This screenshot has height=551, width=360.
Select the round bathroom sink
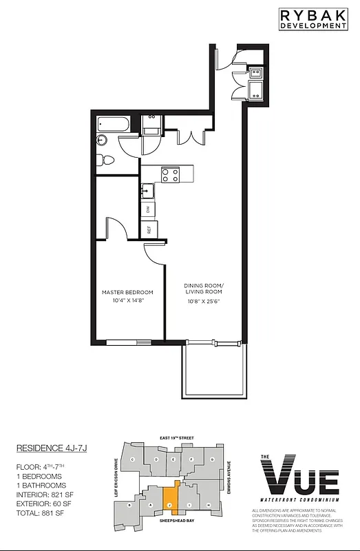click(x=103, y=141)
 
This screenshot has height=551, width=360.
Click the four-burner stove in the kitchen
click(x=169, y=175)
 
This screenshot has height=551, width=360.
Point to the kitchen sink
click(x=147, y=189)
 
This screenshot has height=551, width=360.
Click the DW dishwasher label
click(x=147, y=209)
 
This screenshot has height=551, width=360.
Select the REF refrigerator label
click(x=148, y=229)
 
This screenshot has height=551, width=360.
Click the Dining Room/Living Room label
click(x=204, y=289)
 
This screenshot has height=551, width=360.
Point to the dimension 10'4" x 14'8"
click(x=127, y=300)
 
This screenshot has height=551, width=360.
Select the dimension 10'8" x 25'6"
click(x=204, y=300)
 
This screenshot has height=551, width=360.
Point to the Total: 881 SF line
click(x=40, y=513)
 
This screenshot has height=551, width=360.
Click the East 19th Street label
click(x=173, y=437)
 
